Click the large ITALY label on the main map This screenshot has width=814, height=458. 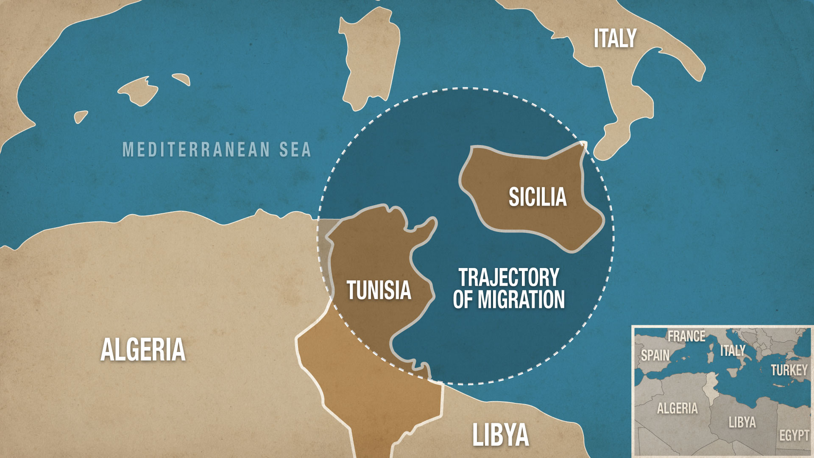[x=615, y=38]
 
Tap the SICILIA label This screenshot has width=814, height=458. [x=538, y=197]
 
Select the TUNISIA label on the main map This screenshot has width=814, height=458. [x=379, y=290]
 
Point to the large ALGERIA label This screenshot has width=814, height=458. [x=143, y=350]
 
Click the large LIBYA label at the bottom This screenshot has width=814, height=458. [x=501, y=435]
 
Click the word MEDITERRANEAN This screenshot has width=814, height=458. [x=196, y=150]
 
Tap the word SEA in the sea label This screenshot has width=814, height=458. [x=295, y=150]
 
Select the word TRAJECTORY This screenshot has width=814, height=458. [x=509, y=278]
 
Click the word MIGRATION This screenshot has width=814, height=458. [x=521, y=299]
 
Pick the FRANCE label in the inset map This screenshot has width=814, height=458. [x=686, y=336]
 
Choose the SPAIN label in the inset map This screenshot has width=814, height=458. [x=655, y=355]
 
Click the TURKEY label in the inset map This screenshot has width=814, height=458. [x=789, y=370]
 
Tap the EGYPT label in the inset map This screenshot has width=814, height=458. [x=794, y=435]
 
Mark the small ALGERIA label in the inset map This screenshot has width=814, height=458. [x=677, y=408]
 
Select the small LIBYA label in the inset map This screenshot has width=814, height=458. [x=742, y=422]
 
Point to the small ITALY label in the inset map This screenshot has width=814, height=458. [x=733, y=350]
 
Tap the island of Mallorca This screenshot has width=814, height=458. [x=138, y=90]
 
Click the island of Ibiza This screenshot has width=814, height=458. [x=81, y=116]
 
